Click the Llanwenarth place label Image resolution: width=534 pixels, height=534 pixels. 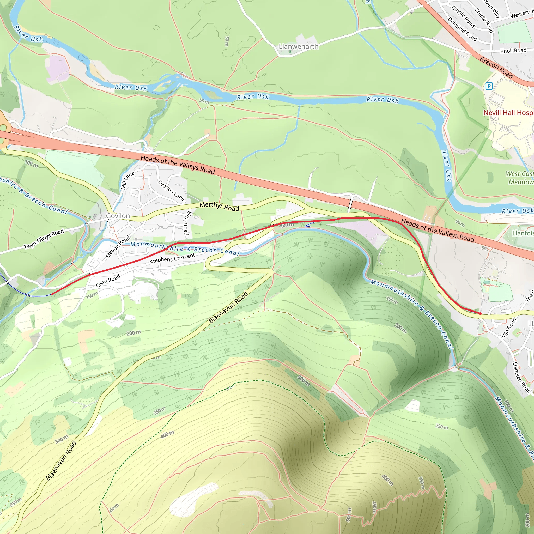(299, 46)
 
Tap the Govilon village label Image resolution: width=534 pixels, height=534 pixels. (118, 216)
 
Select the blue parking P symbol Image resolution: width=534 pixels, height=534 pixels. (489, 86)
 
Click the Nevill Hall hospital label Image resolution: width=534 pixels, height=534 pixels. (508, 113)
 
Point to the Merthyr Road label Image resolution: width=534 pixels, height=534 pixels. (219, 207)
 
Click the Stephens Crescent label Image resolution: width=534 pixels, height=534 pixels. (173, 259)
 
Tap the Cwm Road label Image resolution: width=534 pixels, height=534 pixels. (108, 281)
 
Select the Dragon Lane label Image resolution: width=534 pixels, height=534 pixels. (171, 190)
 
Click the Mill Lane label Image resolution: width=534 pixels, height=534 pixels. (127, 180)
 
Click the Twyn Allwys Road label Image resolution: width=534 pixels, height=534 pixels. (44, 239)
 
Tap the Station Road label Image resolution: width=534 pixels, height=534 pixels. (118, 247)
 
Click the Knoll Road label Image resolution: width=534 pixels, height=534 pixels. (513, 51)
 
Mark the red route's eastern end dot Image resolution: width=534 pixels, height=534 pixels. (480, 314)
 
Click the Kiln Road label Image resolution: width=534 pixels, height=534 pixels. (509, 328)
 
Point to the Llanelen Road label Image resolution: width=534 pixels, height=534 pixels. (521, 378)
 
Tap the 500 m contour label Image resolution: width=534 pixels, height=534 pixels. (349, 515)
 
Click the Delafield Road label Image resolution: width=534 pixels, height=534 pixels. (462, 29)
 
